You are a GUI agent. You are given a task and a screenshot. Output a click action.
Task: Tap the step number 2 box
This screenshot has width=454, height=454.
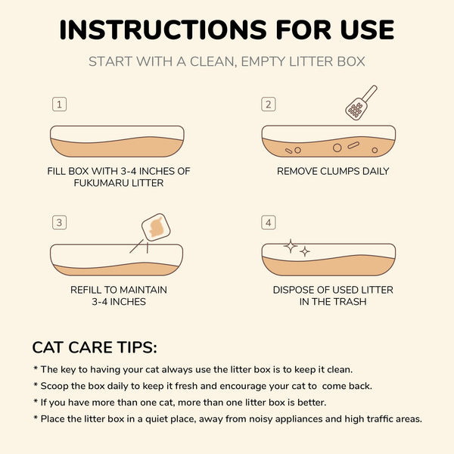(x=268, y=104)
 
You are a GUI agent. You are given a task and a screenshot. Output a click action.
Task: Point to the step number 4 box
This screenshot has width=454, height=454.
(x=268, y=222)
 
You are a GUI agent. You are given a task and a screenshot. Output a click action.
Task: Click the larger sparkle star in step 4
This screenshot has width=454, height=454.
(x=290, y=246)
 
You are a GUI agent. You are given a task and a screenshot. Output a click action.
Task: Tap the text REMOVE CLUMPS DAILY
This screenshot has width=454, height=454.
(x=333, y=171)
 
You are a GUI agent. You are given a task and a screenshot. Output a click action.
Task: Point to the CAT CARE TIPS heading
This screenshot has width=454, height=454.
(x=95, y=347)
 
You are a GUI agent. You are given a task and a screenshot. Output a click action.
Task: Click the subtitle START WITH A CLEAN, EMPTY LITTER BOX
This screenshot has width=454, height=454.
(x=227, y=61)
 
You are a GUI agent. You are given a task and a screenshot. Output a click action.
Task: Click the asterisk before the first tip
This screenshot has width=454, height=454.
(x=35, y=369)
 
